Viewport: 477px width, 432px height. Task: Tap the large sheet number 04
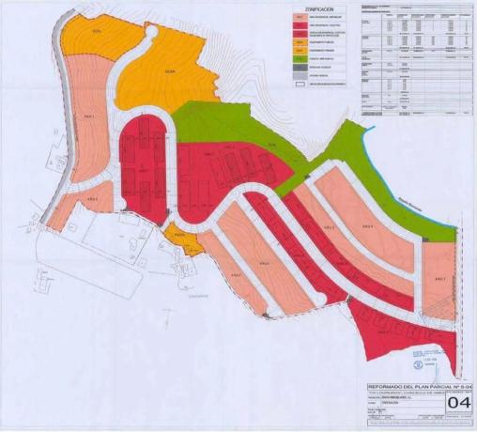(x=458, y=404)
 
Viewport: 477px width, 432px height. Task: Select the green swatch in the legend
(x=299, y=59)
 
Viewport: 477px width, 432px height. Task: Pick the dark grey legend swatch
(x=299, y=68)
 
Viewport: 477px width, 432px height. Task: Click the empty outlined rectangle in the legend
(x=299, y=85)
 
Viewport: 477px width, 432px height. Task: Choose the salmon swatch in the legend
(x=299, y=17)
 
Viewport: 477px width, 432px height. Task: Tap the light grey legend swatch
(x=299, y=76)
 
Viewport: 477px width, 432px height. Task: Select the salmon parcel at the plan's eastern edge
(x=437, y=282)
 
